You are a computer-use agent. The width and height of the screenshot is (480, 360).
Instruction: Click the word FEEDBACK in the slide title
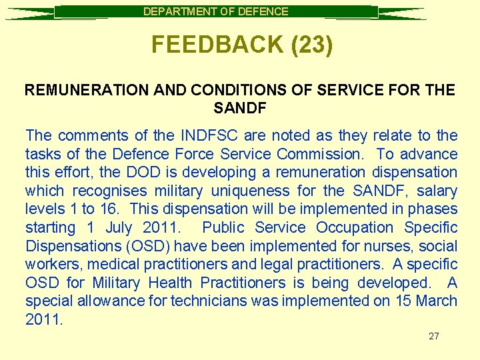[x=207, y=44]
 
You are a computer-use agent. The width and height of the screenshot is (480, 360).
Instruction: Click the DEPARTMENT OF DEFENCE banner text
[x=216, y=11]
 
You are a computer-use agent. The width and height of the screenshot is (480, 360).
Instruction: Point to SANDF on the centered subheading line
[x=240, y=107]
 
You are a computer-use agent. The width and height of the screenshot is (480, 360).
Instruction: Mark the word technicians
[x=209, y=301]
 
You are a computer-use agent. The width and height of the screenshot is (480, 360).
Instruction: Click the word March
[x=437, y=301]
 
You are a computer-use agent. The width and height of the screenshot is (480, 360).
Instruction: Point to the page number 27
[x=434, y=336]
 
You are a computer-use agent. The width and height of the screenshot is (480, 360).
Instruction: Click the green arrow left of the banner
[x=30, y=13]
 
